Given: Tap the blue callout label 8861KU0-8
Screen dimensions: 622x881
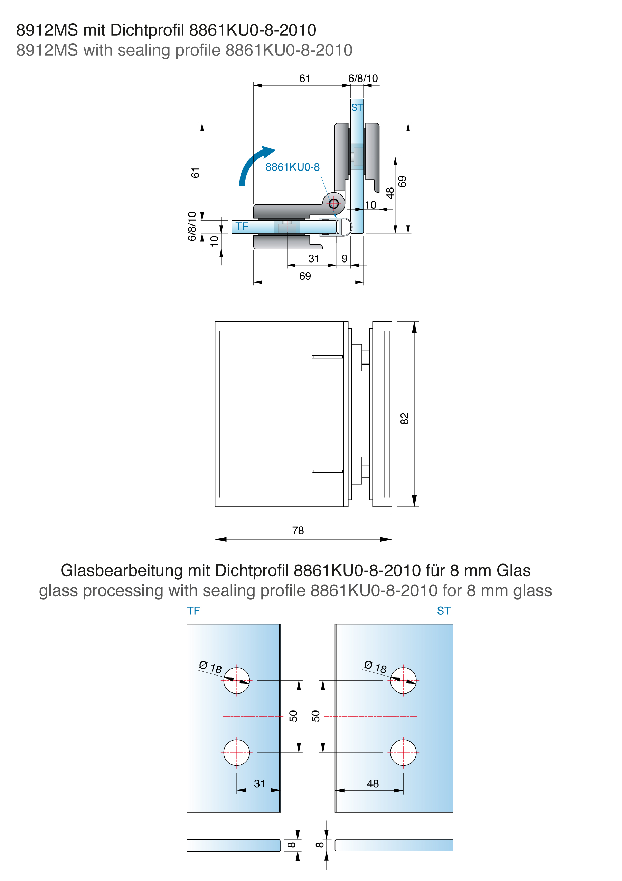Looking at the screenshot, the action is pos(292,167).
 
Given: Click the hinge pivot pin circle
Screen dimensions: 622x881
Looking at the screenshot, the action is pos(333,203).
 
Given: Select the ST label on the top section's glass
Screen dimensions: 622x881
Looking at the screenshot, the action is pos(357,108).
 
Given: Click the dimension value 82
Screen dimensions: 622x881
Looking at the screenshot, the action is pos(404,419).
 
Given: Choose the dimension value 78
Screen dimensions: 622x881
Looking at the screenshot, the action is pos(298,530).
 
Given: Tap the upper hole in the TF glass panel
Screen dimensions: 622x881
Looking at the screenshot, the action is pos(236,680).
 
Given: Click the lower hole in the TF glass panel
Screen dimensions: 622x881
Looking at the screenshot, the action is pos(236,752).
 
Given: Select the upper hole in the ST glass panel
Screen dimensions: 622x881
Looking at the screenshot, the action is pos(403,680).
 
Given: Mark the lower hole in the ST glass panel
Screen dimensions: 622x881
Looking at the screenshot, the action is pos(403,752).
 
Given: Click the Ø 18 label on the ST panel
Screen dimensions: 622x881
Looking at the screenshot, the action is pos(375,667).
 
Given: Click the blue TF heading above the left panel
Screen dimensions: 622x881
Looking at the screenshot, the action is pos(194,611).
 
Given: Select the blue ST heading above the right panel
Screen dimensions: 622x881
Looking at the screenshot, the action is pos(444,611).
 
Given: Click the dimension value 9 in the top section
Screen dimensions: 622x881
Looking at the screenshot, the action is pos(345,259).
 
